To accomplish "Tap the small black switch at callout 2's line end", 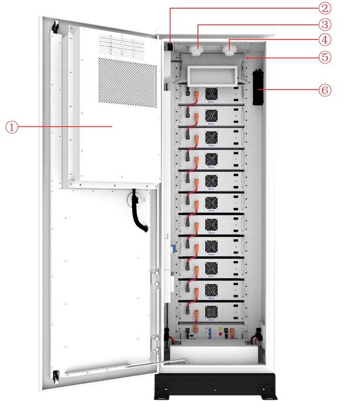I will pyautogui.click(x=170, y=46).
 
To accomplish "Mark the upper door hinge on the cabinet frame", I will pyautogui.click(x=155, y=277).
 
